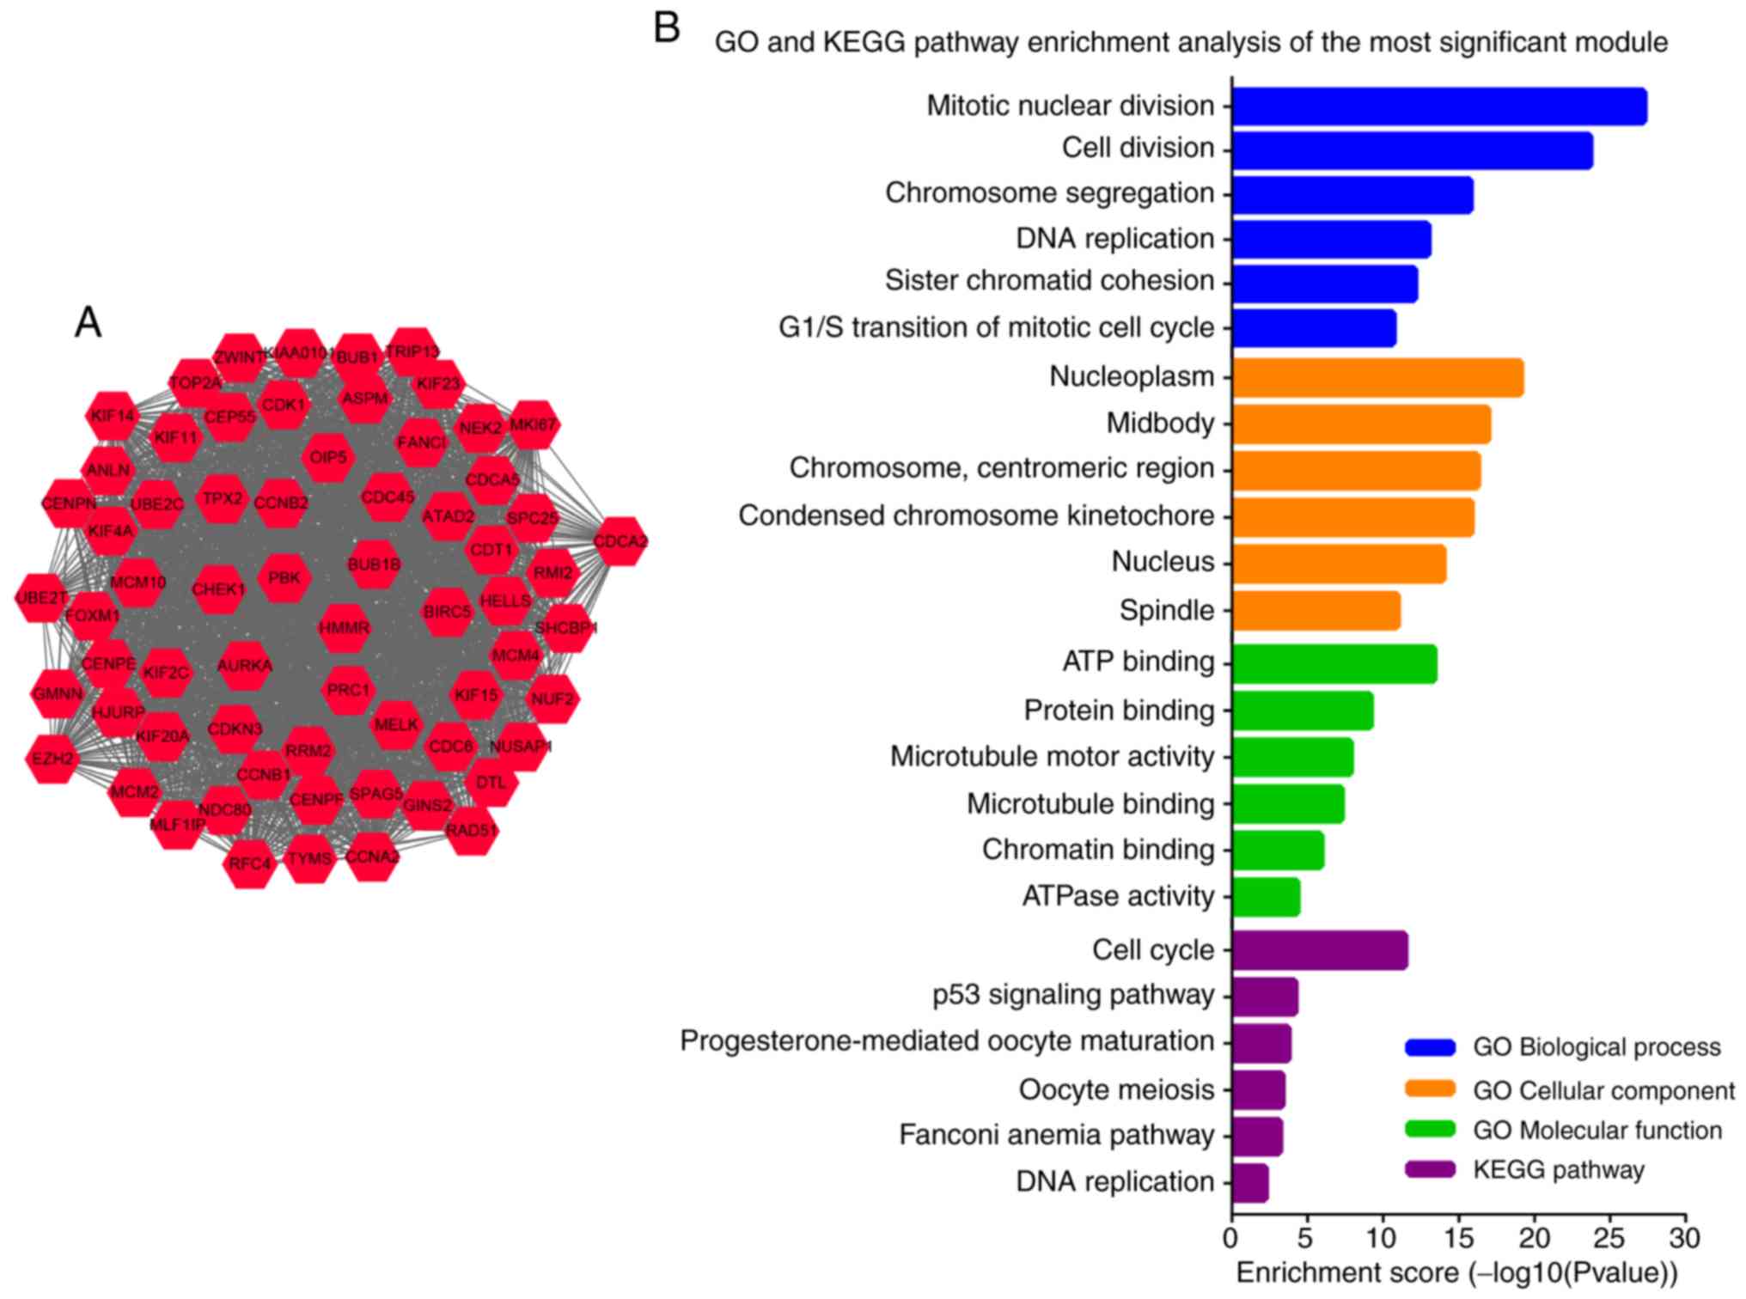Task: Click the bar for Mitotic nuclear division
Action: [x=1439, y=107]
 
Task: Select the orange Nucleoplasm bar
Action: [x=1377, y=378]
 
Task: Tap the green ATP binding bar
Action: [x=1334, y=663]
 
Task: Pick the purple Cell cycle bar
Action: [x=1320, y=950]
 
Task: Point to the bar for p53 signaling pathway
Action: [x=1265, y=996]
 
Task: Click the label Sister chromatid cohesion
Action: [x=1049, y=281]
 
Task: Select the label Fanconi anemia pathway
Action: [x=1056, y=1135]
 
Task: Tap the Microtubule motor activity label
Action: [x=1052, y=757]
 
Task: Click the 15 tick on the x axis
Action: [x=1458, y=1238]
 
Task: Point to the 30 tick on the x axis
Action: [x=1685, y=1238]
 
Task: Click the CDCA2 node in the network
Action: [x=620, y=541]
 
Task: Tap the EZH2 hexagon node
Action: [x=53, y=759]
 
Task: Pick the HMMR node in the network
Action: [x=344, y=628]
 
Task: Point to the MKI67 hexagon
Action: [x=534, y=424]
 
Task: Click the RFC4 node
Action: [x=249, y=863]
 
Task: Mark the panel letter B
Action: [x=667, y=27]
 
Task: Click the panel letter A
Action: [x=88, y=323]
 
